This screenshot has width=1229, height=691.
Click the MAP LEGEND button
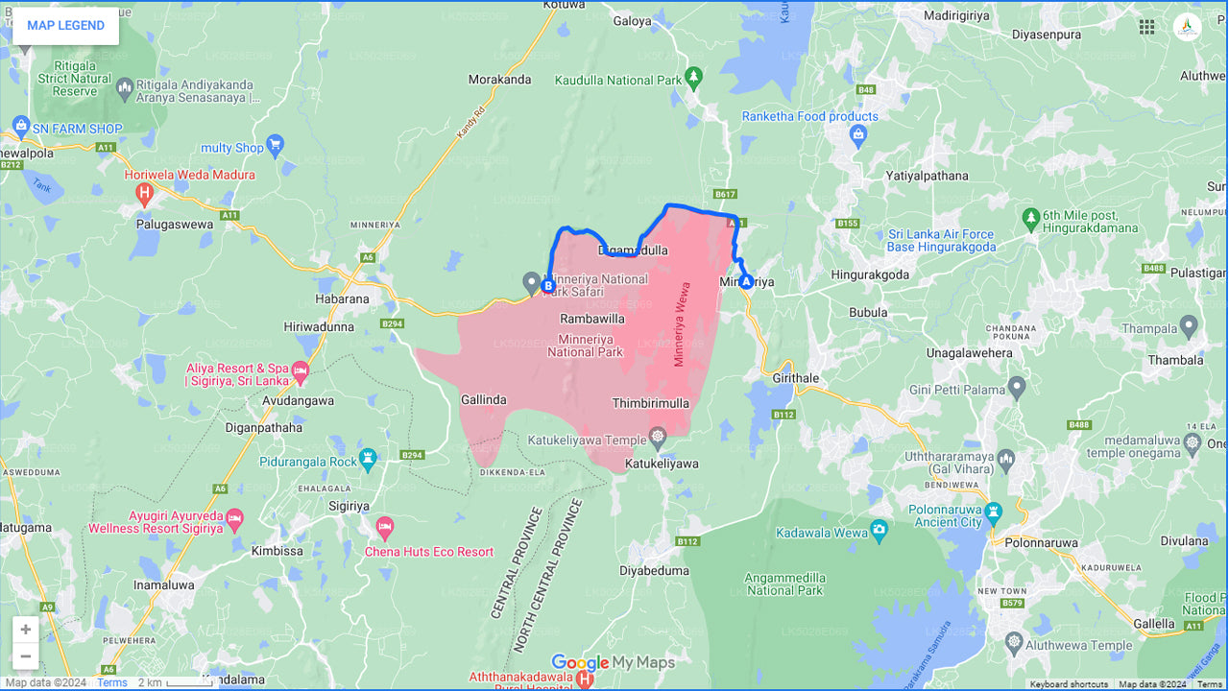pos(65,26)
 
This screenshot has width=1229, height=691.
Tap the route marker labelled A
pos(746,281)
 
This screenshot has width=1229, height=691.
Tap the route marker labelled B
pos(548,286)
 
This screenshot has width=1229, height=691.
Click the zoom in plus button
pos(26,630)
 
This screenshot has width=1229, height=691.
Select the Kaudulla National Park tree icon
pos(694,77)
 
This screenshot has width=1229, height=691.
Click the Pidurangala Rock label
pos(308,462)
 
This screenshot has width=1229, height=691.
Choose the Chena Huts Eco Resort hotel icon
pos(385,527)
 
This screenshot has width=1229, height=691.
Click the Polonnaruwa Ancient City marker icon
pos(994,510)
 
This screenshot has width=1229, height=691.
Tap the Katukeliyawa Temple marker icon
pos(658,438)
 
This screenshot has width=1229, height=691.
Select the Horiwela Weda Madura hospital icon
pos(145,195)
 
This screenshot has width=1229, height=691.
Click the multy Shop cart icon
pos(276,147)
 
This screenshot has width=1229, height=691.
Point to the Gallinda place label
pos(483,399)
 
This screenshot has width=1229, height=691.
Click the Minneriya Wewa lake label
pos(682,323)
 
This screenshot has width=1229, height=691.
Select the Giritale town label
pos(797,378)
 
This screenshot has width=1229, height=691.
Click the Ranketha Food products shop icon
pos(858,135)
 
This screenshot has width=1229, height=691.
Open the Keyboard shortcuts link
pos(1069,684)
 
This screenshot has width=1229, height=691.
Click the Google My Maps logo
pos(613,663)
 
